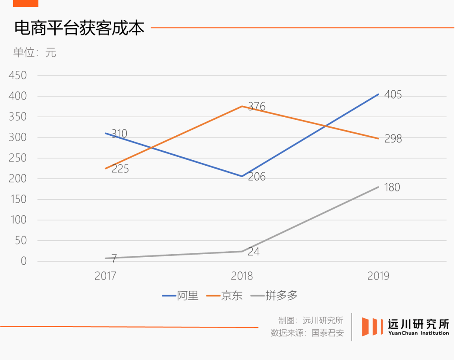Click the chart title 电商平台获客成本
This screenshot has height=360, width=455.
[79, 28]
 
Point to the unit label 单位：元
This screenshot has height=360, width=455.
[35, 53]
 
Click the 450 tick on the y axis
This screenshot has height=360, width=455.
[18, 75]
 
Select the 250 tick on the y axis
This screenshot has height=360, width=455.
[18, 158]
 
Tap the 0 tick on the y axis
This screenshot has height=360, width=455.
[24, 261]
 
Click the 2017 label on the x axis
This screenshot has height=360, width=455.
[106, 276]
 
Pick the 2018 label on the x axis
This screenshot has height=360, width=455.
[242, 276]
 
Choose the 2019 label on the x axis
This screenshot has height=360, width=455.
[378, 276]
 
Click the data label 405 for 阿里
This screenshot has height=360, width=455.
[393, 95]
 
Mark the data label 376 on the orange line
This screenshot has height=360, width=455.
[257, 107]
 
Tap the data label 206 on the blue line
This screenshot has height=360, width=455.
[257, 177]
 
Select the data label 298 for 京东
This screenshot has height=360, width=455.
[393, 139]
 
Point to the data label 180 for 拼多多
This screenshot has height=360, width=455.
[392, 188]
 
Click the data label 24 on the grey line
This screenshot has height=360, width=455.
[254, 252]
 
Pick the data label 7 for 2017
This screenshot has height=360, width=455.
[114, 259]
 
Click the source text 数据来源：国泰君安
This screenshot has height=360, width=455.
[307, 333]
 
